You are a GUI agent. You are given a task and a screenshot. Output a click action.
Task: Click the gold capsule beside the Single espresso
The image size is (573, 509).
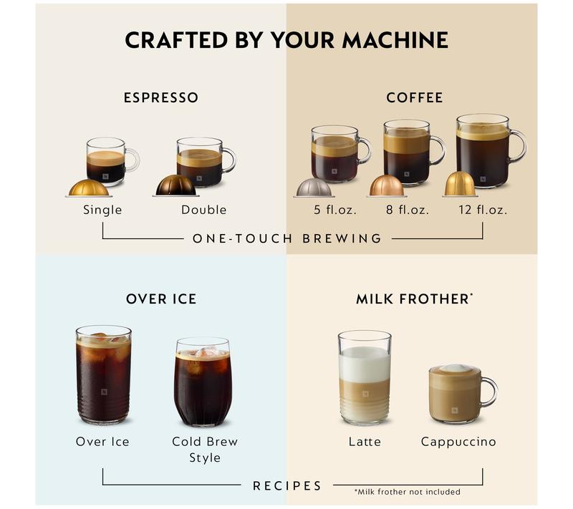(x=89, y=188)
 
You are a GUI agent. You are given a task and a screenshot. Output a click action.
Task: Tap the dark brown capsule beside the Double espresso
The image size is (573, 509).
(x=175, y=185)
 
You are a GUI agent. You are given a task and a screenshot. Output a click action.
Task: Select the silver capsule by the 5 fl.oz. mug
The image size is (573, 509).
(x=314, y=188)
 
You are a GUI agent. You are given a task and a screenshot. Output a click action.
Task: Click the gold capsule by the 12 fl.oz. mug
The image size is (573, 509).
(x=459, y=184)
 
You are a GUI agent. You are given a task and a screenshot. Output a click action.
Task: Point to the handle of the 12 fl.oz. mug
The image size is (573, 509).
(x=517, y=146)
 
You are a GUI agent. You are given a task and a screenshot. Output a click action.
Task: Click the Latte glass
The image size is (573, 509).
(x=365, y=377)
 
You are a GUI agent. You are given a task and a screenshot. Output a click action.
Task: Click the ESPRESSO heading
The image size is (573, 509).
(x=160, y=97)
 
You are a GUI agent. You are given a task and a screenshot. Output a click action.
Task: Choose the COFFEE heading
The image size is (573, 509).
(x=414, y=97)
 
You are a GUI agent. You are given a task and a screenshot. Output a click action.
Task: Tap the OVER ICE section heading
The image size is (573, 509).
(x=160, y=299)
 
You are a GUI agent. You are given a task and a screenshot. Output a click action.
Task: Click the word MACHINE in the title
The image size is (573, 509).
(x=395, y=39)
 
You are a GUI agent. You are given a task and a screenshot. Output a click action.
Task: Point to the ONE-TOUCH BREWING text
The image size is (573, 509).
(x=287, y=238)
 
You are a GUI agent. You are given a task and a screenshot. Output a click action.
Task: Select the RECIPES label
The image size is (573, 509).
(x=287, y=485)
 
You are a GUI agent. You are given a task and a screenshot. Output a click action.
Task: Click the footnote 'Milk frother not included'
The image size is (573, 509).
(x=407, y=492)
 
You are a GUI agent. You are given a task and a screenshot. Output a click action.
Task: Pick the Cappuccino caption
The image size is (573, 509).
(x=458, y=442)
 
